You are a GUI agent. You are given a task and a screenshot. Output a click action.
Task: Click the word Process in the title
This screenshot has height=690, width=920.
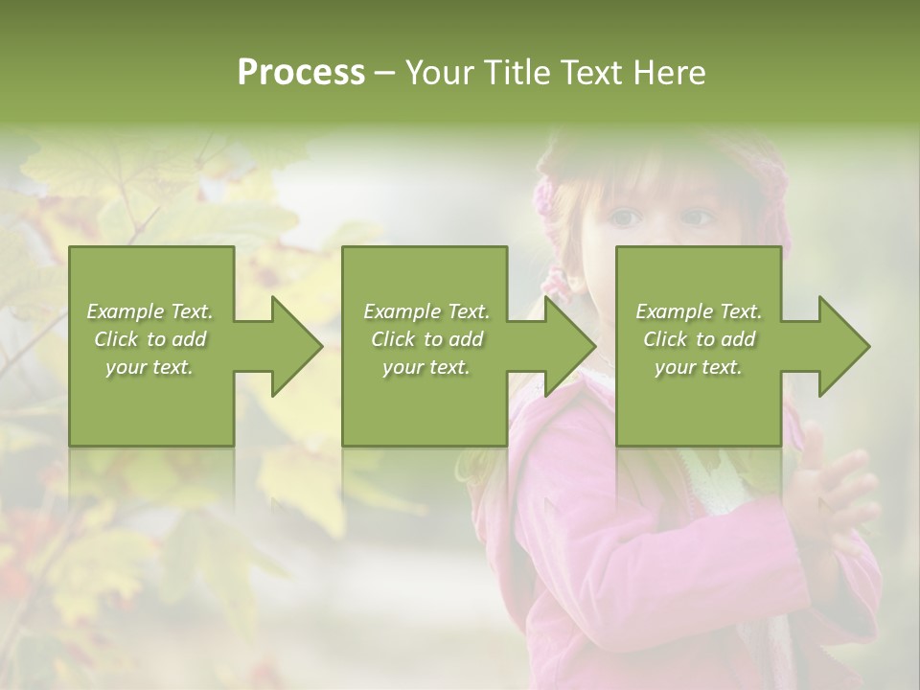point(301,73)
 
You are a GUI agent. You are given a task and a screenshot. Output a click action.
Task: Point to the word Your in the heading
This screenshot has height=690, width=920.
point(440,73)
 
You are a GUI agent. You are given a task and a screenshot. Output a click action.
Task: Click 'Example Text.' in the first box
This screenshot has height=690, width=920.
point(149,310)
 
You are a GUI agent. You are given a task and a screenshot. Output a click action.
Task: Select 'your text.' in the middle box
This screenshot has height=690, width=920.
point(425,367)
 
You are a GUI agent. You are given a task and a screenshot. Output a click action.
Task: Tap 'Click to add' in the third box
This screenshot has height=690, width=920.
point(699,339)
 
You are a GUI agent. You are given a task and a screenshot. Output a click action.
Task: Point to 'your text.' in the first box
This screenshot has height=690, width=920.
point(149,367)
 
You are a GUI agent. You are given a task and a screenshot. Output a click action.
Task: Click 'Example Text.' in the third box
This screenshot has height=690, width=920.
point(699,310)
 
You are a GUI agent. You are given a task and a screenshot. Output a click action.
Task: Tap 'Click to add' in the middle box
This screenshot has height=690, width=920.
point(426,339)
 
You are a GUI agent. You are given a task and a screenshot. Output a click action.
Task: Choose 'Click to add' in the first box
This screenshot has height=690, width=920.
point(149,339)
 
